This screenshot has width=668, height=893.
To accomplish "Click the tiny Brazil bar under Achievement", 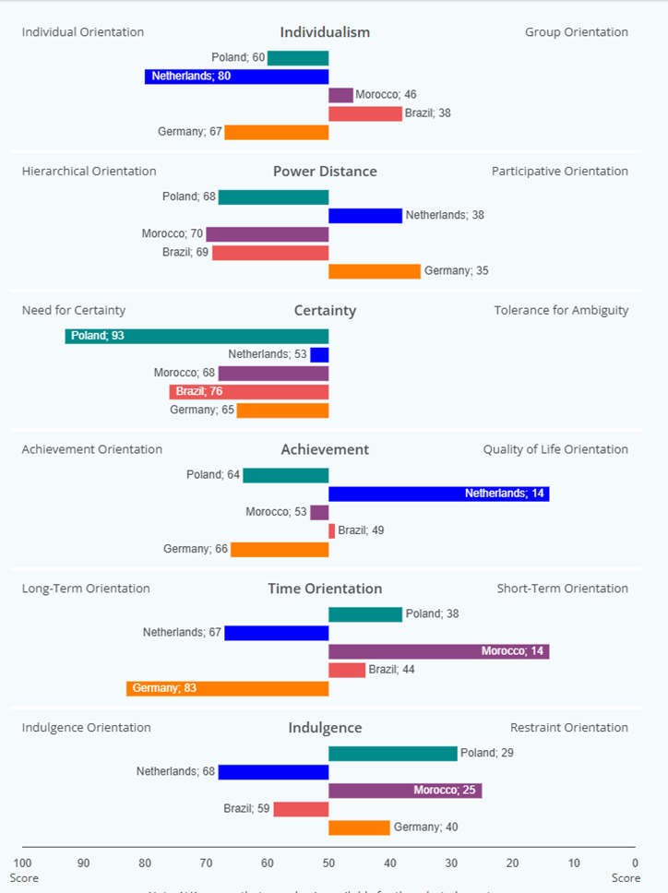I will (332, 530).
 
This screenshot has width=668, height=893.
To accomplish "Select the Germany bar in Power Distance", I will (374, 271).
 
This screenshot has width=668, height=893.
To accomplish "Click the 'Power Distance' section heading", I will (325, 172).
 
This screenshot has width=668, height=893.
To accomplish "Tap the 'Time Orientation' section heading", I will (325, 589).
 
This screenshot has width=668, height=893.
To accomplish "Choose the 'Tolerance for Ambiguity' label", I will (561, 310).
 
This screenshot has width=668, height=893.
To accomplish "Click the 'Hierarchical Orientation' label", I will (89, 172).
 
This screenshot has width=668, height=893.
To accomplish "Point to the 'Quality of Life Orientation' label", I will (555, 449).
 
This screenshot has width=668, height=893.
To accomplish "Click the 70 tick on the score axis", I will (207, 863).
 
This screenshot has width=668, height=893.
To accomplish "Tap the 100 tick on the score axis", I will (23, 863).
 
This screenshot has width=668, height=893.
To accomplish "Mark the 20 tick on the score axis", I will (512, 863).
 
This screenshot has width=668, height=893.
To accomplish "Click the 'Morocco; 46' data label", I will (386, 95).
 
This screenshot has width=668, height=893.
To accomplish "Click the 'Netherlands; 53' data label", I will (267, 354).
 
